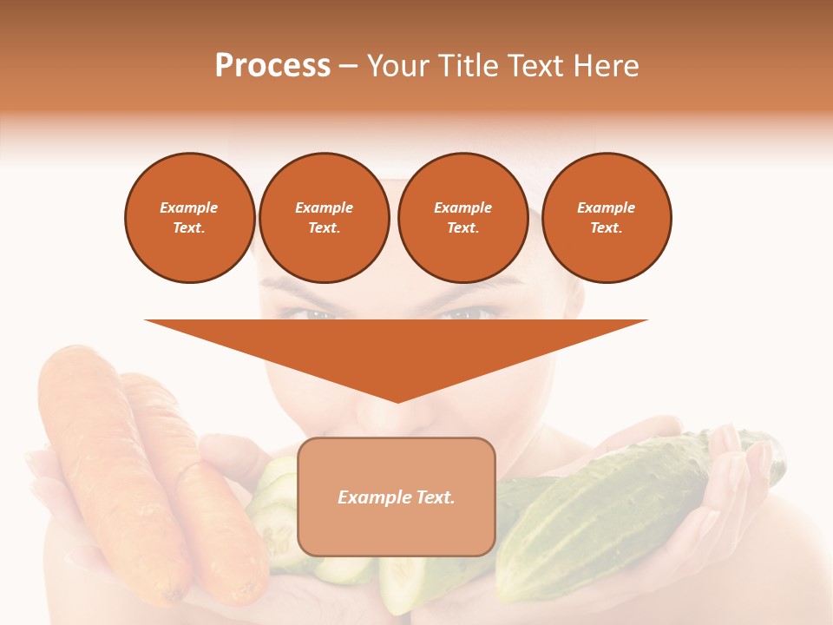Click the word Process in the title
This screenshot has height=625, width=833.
pos(272,66)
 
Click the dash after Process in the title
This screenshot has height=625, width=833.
pos(349,67)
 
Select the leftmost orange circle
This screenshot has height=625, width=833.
pos(189,218)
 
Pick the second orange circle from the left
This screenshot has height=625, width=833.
pos(324,218)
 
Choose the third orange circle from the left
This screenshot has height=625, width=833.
pos(462,218)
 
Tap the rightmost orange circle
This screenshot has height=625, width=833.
pos(607,218)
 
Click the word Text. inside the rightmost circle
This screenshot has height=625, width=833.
pos(607,228)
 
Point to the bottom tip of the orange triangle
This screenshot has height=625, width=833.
pos(397,401)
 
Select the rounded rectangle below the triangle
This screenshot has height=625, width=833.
pos(397,497)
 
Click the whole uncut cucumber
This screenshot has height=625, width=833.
pos(607,512)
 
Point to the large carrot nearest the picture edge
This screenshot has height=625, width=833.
pos(104,451)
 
